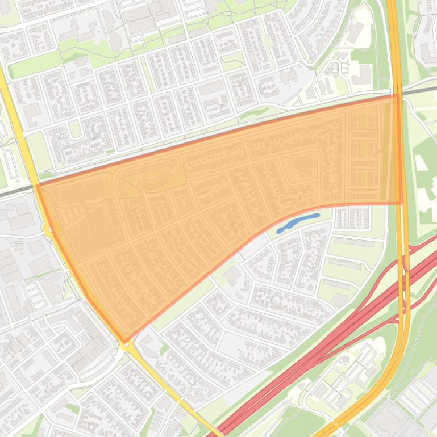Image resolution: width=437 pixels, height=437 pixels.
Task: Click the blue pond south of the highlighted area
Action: [297, 223]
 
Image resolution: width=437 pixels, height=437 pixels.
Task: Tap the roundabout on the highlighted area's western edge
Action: [50, 229]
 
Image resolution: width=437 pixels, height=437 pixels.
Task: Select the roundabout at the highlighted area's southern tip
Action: [125, 342]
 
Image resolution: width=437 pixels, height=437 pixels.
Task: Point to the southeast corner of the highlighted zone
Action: [401, 203]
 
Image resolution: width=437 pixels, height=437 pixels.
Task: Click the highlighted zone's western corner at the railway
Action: [37, 185]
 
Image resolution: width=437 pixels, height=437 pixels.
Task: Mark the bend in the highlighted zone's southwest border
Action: [88, 297]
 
